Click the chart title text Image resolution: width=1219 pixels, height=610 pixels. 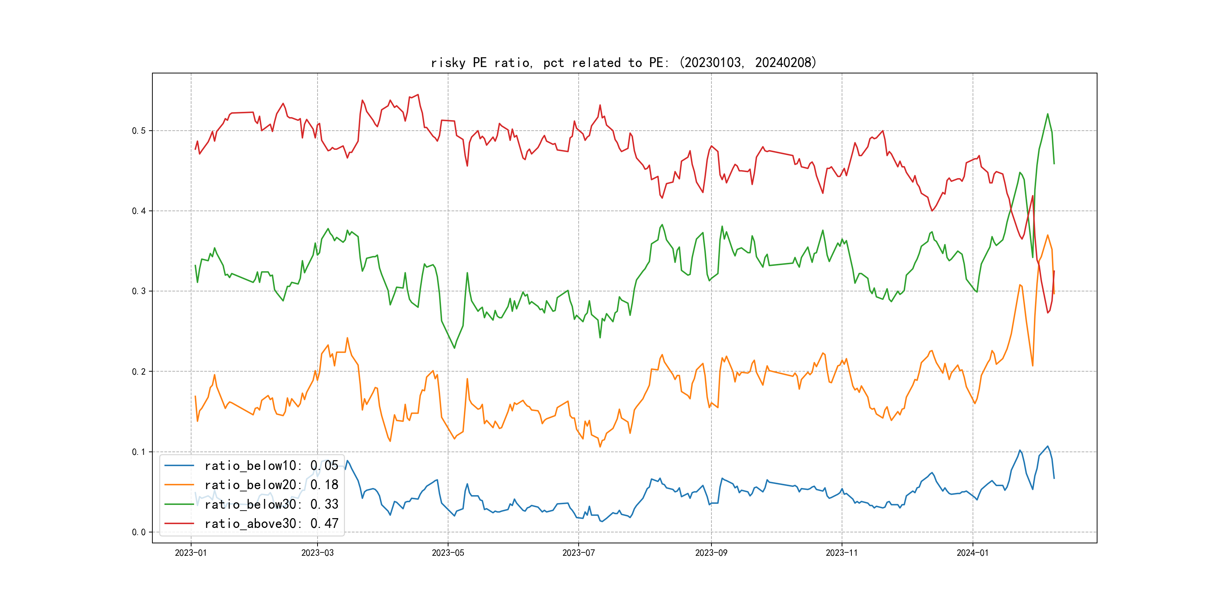point(624,63)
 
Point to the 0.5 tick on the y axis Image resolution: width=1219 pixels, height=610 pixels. point(139,131)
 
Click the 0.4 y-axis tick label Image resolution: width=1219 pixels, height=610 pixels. point(139,211)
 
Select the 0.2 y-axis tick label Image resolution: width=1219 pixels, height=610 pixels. point(139,371)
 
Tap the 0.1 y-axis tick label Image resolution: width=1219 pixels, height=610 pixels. point(139,452)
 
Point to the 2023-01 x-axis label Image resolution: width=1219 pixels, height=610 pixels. point(191,553)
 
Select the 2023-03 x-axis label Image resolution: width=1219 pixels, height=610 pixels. point(318,553)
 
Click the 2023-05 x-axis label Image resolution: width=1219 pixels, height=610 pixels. point(448,553)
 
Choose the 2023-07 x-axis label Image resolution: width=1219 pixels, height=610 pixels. point(578,553)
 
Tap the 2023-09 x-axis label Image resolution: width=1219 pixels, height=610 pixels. point(711,553)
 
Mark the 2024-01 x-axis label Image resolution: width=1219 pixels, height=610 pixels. point(973,553)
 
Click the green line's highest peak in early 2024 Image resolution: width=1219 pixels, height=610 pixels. point(1047,114)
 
